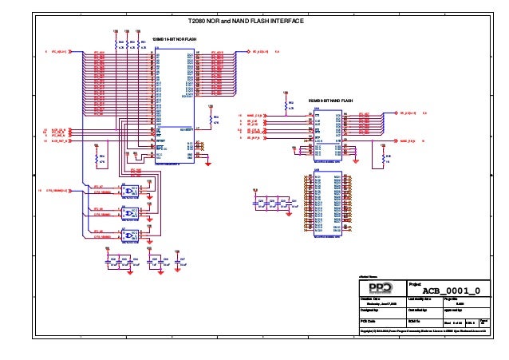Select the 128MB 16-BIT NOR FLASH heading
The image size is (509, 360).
pyautogui.click(x=174, y=39)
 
